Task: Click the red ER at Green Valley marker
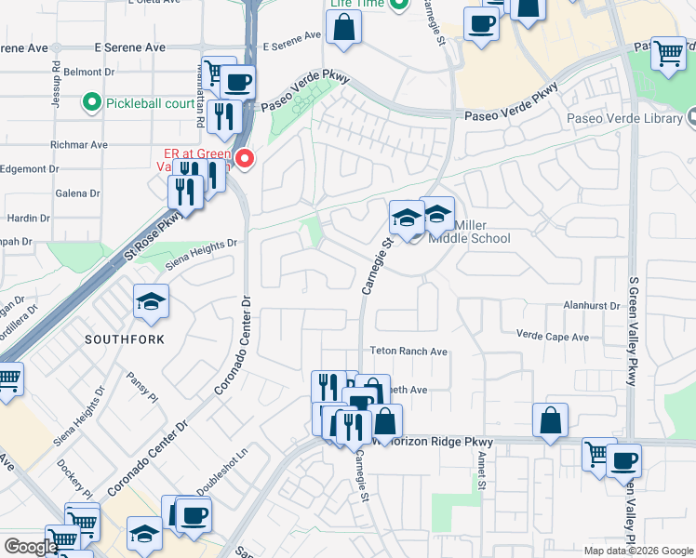point(246,160)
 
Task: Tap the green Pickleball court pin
point(91,101)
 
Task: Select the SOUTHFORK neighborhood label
point(124,339)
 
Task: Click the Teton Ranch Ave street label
point(410,352)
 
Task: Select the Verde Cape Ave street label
point(553,336)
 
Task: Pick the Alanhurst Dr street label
point(591,305)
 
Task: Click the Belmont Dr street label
point(89,71)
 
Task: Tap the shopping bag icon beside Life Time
point(344,29)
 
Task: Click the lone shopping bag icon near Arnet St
point(551,420)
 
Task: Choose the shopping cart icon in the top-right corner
point(668,53)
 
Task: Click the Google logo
point(31,548)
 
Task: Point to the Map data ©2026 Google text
point(637,551)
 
